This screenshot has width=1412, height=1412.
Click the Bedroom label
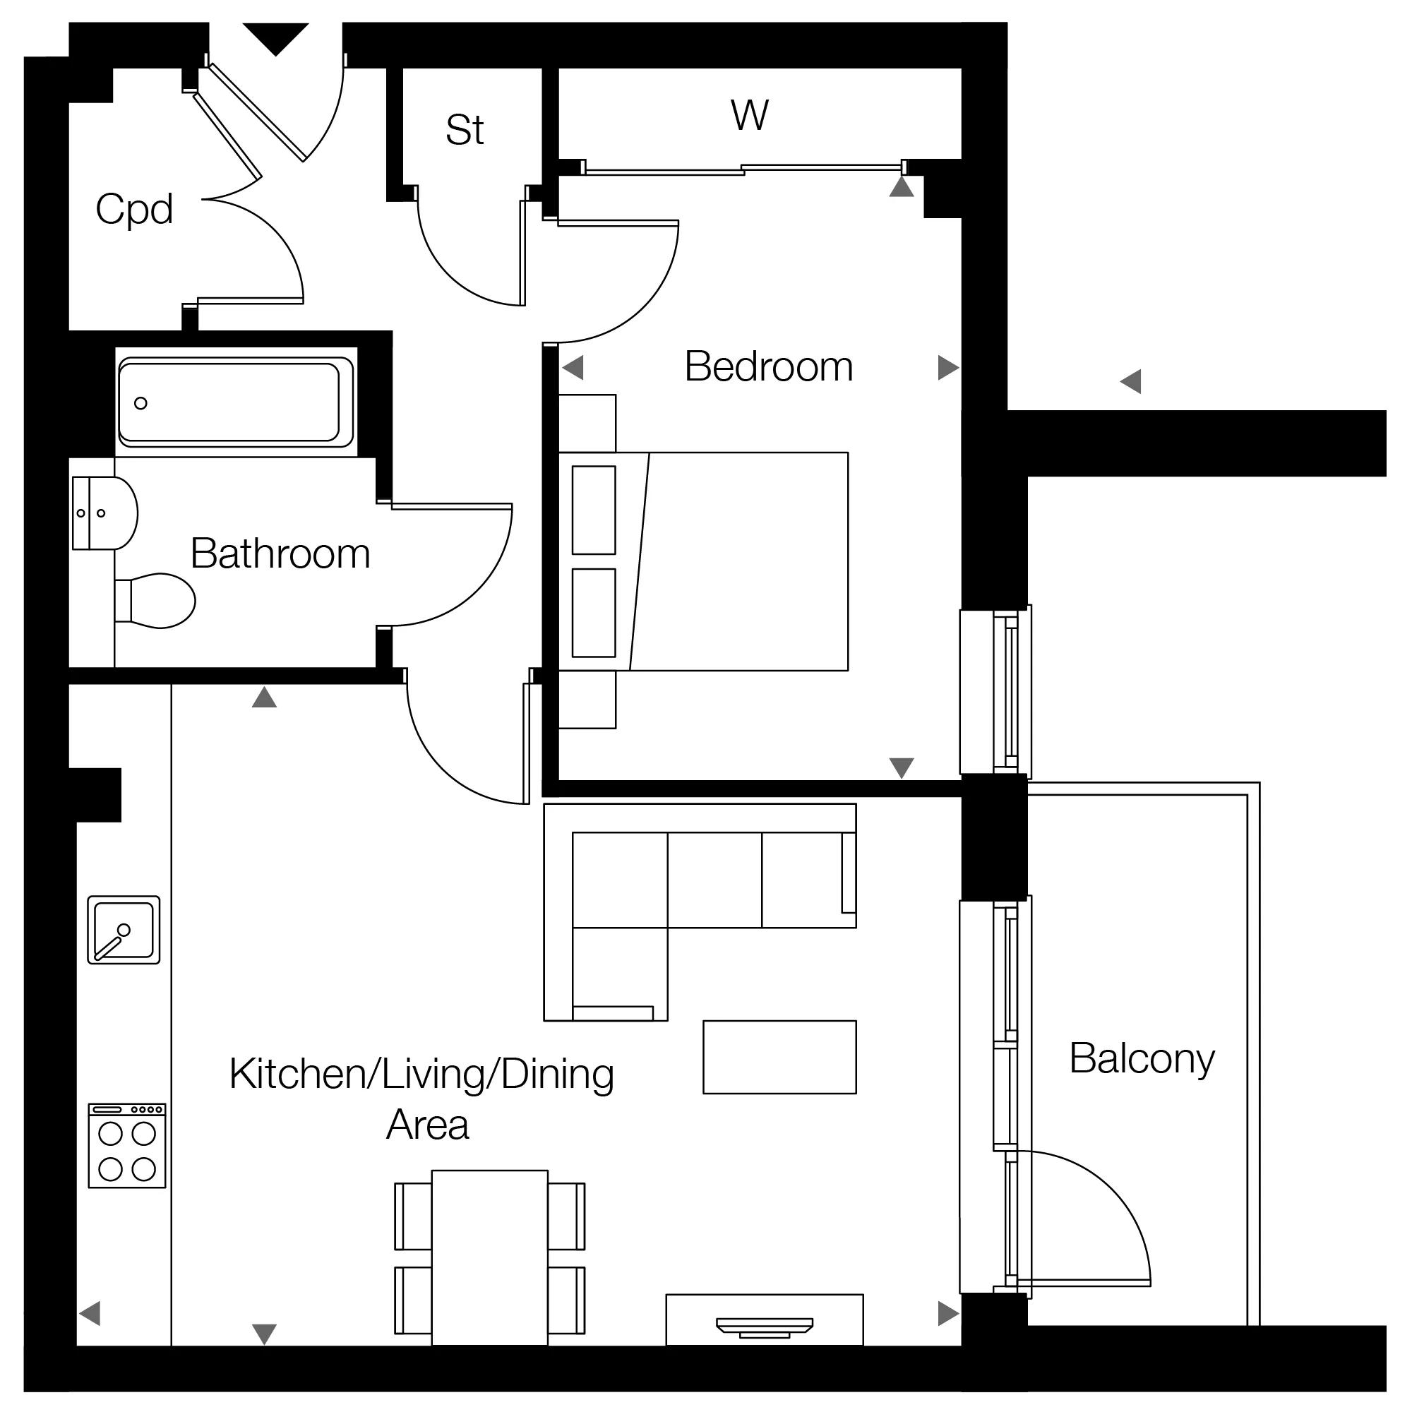[x=768, y=367]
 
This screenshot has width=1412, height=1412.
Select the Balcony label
[x=1142, y=1059]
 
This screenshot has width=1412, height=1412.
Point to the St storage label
[x=465, y=130]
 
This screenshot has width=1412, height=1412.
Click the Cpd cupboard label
[x=134, y=210]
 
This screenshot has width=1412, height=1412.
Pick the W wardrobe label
[x=749, y=115]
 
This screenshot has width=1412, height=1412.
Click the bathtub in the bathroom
[x=236, y=402]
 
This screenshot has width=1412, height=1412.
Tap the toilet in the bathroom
[x=155, y=601]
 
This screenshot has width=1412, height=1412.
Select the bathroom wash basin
[x=105, y=513]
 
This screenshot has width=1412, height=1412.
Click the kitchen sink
[x=124, y=930]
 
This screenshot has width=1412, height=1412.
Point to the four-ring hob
[x=127, y=1145]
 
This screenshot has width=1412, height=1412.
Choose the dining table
[x=490, y=1257]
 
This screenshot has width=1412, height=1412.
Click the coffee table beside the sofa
[x=779, y=1057]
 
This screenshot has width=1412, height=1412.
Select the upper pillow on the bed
[x=594, y=510]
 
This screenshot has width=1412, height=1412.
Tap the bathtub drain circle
[x=141, y=402]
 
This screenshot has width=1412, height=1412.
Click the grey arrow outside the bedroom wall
[x=1130, y=381]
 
